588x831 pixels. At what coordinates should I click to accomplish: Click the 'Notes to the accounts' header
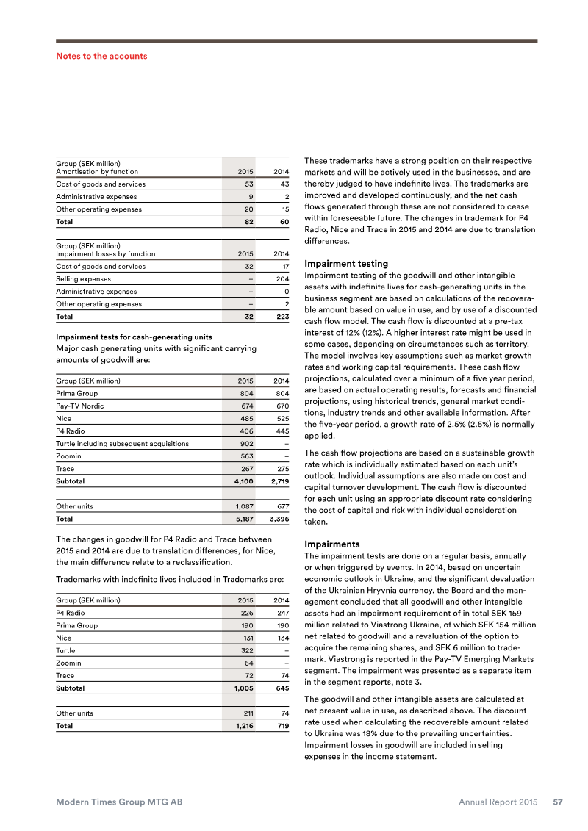tap(101, 56)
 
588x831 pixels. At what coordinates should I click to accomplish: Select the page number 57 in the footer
tap(558, 802)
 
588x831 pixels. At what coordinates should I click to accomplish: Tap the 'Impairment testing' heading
tap(345, 263)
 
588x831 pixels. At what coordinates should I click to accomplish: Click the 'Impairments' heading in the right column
tap(331, 544)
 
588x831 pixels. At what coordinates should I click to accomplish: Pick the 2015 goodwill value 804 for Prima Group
tap(246, 394)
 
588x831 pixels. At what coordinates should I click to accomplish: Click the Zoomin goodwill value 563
tap(246, 456)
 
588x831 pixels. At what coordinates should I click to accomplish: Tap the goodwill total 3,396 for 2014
tap(277, 519)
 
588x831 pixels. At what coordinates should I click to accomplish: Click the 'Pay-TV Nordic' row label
tap(80, 406)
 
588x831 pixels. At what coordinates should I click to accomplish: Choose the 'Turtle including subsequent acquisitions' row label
tap(122, 444)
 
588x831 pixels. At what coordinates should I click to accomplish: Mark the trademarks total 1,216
tap(244, 726)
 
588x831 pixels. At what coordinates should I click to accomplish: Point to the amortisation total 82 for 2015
tap(249, 221)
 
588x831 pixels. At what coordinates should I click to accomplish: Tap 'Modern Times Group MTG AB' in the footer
tap(119, 802)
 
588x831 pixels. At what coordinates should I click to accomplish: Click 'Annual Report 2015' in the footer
tap(498, 802)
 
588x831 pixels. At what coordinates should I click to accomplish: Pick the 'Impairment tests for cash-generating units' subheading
tap(135, 337)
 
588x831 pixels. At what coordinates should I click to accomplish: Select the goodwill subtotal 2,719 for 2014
tap(277, 481)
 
